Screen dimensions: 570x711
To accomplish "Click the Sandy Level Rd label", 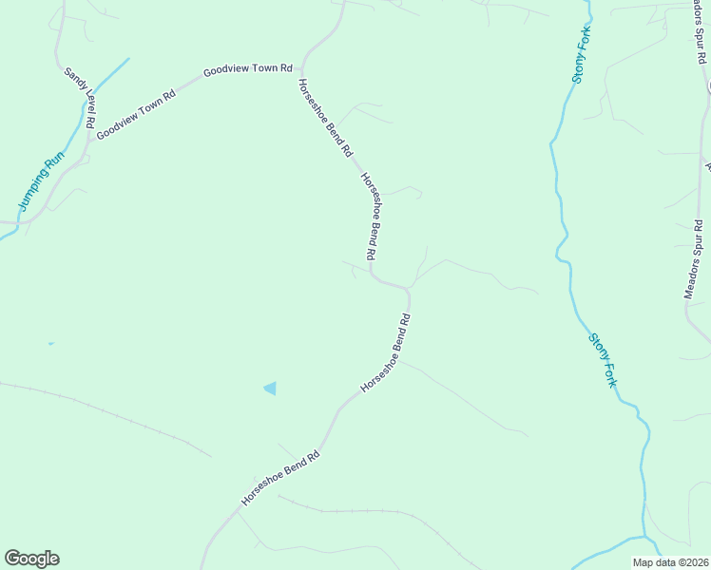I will (80, 99).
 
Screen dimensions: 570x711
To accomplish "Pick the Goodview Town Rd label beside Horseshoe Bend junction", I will (246, 71).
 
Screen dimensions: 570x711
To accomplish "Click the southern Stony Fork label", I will (603, 358).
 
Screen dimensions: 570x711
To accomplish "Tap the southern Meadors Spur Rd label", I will (694, 259).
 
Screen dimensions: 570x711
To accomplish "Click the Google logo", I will (31, 559).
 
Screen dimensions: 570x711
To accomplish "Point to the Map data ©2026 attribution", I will (670, 562).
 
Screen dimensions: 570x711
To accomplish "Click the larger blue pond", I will (270, 388).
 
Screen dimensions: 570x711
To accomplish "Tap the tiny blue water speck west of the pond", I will (51, 344).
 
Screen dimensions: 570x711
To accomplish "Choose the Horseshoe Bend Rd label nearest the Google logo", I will (280, 477).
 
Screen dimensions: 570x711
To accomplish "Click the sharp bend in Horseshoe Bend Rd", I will (408, 287).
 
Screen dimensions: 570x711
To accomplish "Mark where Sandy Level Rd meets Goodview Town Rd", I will (92, 135).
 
